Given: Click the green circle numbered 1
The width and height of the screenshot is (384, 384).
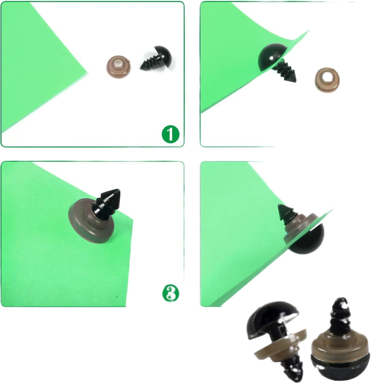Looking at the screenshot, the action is pos(170,134).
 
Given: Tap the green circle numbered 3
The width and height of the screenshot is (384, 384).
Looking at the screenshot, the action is pos(171,293).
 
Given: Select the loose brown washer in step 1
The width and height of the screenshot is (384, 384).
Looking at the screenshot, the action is pos(119,67).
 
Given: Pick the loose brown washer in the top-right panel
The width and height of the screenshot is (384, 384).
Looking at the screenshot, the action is pos(327,80).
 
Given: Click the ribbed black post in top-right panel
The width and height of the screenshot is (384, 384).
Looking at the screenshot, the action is pos(286,71).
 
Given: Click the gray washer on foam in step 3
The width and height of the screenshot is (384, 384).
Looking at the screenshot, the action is pos(91,222).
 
